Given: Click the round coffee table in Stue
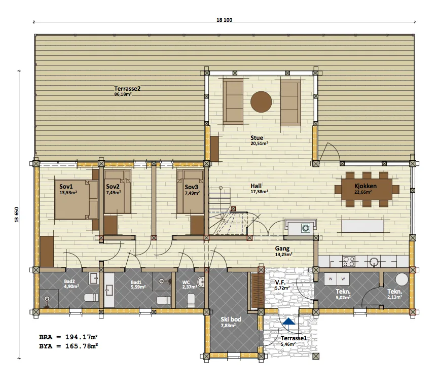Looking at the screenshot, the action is (261, 102).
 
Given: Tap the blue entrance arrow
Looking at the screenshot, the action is (288, 322).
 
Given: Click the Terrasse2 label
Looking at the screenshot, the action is (127, 89).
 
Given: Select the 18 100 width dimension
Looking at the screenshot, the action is (224, 20).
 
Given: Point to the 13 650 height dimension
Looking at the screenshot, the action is (17, 215).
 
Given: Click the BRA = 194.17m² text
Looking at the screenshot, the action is (68, 337).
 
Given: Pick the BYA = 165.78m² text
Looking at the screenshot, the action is (68, 346).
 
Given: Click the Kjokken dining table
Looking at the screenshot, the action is (367, 189).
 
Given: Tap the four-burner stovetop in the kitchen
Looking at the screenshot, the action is (349, 262).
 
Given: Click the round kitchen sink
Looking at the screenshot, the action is (374, 262).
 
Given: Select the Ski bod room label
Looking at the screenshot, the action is (231, 319).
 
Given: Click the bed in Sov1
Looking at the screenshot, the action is (76, 199).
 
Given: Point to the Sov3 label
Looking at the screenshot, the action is (191, 187).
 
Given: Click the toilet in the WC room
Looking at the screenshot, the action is (191, 299).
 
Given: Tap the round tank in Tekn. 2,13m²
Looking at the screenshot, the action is (401, 279).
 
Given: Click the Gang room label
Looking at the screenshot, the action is (282, 248).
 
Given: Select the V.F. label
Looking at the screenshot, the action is (280, 282).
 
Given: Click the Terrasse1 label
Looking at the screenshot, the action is (294, 338).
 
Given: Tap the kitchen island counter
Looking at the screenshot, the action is (362, 226).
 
